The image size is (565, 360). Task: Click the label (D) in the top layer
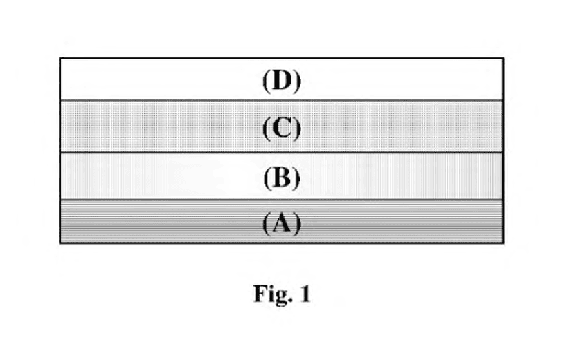pyautogui.click(x=282, y=81)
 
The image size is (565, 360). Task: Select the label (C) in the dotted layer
pyautogui.click(x=282, y=129)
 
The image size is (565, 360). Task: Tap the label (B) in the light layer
pyautogui.click(x=282, y=178)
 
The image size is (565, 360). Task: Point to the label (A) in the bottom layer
pyautogui.click(x=282, y=223)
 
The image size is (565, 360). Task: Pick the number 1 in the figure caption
pyautogui.click(x=305, y=294)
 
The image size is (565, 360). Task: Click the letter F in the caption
pyautogui.click(x=260, y=294)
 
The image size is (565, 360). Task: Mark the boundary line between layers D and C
pyautogui.click(x=282, y=100)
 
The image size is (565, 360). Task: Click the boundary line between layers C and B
pyautogui.click(x=282, y=153)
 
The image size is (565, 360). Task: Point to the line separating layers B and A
pyautogui.click(x=282, y=199)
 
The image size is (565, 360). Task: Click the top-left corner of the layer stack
pyautogui.click(x=60, y=57)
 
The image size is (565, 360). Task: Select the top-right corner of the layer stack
pyautogui.click(x=504, y=57)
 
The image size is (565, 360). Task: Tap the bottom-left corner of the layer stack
pyautogui.click(x=60, y=243)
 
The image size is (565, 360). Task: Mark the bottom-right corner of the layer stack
pyautogui.click(x=504, y=243)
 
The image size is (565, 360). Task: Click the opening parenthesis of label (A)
pyautogui.click(x=266, y=223)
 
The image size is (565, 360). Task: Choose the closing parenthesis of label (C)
pyautogui.click(x=298, y=129)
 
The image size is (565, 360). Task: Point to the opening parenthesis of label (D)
pyautogui.click(x=266, y=81)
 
